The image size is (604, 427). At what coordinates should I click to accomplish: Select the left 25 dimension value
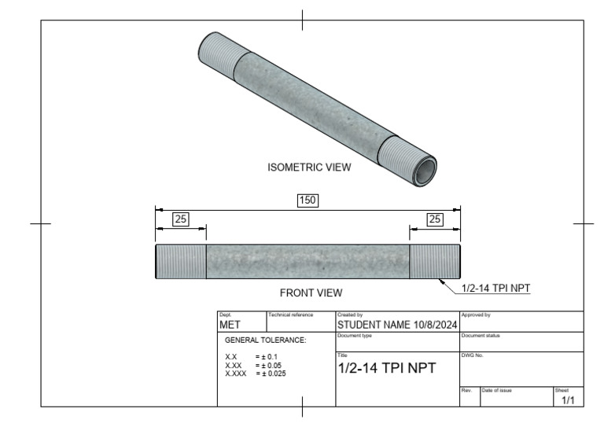(180, 219)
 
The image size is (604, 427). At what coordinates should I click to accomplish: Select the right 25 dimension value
(434, 219)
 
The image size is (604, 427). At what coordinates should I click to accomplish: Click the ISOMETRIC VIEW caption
(310, 167)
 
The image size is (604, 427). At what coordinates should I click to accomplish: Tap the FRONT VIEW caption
(311, 293)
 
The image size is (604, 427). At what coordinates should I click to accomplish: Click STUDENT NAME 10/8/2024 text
(397, 324)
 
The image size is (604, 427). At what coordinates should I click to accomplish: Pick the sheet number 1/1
(568, 400)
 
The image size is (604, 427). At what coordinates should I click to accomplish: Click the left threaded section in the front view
(181, 261)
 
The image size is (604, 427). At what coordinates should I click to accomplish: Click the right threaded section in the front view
(435, 261)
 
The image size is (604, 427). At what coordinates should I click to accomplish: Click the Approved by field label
(476, 315)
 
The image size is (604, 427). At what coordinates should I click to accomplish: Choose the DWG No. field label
(472, 355)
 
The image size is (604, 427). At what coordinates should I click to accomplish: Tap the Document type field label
(354, 336)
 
